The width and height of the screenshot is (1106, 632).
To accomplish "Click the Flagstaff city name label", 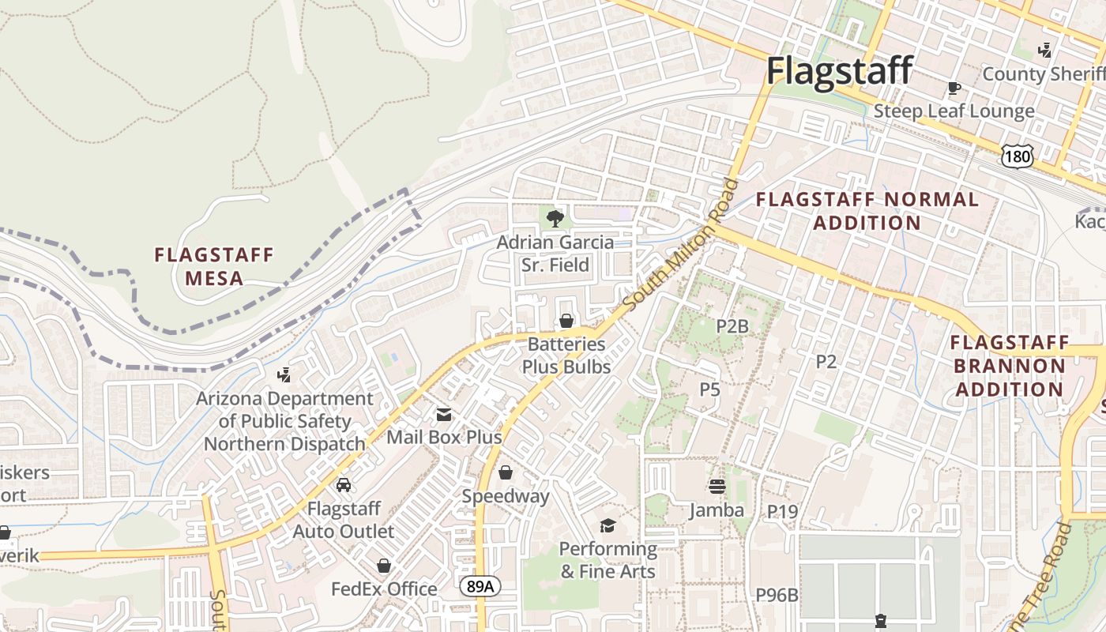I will [840, 71].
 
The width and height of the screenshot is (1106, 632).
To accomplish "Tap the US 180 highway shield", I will [1017, 156].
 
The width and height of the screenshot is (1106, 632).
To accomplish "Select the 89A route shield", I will [480, 586].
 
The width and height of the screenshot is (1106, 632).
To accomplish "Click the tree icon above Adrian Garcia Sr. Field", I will [555, 218].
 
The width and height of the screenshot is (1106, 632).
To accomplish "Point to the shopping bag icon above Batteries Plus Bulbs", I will [566, 321].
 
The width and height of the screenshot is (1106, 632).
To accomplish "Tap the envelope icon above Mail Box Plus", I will [444, 414].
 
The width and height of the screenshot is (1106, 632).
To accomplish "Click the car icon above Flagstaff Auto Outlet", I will [344, 484].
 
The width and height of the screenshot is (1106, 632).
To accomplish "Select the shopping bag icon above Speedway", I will [506, 472].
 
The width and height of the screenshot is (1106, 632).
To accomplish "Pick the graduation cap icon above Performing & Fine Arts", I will [608, 525].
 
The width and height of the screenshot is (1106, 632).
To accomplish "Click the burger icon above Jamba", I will [717, 486].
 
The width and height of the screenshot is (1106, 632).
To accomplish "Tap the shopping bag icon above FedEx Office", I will [384, 566].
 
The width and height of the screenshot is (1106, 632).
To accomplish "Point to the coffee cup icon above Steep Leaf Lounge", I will [954, 88].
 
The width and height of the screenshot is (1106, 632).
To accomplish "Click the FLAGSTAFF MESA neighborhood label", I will [214, 266].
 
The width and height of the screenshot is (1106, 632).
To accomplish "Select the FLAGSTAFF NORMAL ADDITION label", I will [867, 211].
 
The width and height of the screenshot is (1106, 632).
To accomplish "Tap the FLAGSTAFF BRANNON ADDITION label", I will [1010, 366].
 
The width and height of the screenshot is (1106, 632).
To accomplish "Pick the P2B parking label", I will [732, 325].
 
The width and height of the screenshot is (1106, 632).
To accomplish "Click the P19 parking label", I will [783, 511].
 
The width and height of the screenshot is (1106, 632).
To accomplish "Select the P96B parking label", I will [777, 595].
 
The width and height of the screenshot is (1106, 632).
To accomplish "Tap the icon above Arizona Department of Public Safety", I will [284, 374].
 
